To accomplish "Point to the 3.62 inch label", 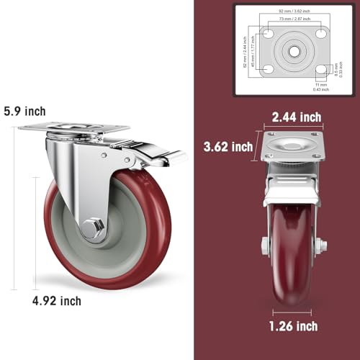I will point(229,147).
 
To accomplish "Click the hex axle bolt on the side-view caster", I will point(93,228).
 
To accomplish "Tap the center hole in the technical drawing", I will point(295,52).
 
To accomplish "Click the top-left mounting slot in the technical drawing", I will point(268,34).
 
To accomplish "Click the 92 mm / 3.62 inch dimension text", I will point(295,12).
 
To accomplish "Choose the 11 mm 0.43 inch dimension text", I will point(320,86).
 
